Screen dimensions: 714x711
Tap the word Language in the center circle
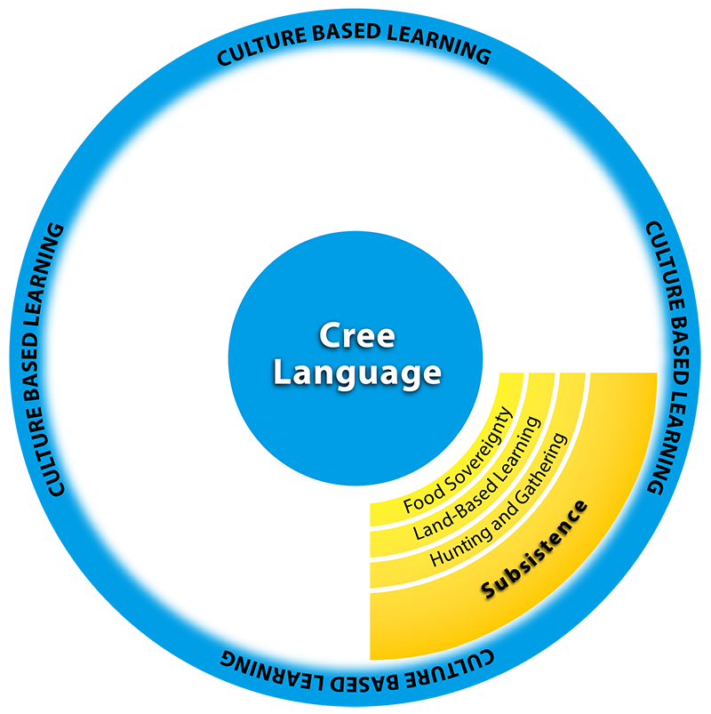[355, 373]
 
